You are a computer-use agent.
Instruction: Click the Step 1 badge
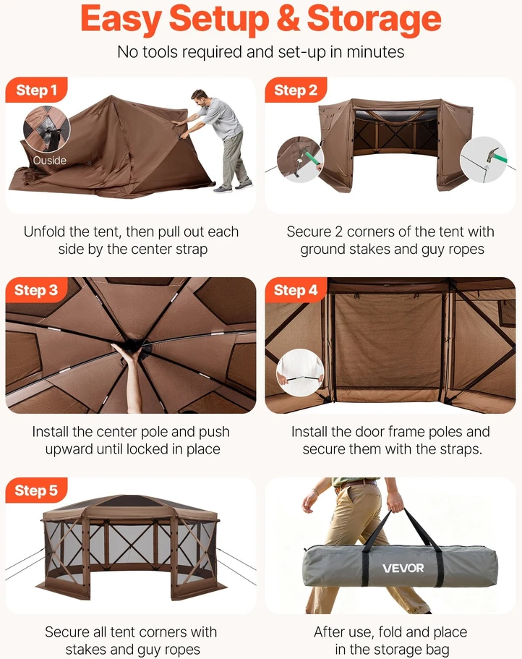pyautogui.click(x=37, y=90)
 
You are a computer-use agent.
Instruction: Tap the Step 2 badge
pyautogui.click(x=296, y=90)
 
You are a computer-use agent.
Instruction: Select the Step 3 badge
pyautogui.click(x=37, y=290)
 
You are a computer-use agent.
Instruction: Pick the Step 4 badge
pyautogui.click(x=296, y=290)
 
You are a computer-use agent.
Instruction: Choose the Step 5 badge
pyautogui.click(x=37, y=490)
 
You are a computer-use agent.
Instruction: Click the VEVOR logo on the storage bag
pyautogui.click(x=403, y=569)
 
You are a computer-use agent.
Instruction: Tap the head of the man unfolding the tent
pyautogui.click(x=200, y=99)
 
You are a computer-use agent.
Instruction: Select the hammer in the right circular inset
pyautogui.click(x=493, y=157)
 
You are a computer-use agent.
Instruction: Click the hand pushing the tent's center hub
pyautogui.click(x=125, y=352)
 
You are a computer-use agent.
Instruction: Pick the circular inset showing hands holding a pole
pyautogui.click(x=300, y=372)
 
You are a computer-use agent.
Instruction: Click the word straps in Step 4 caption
pyautogui.click(x=461, y=449)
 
